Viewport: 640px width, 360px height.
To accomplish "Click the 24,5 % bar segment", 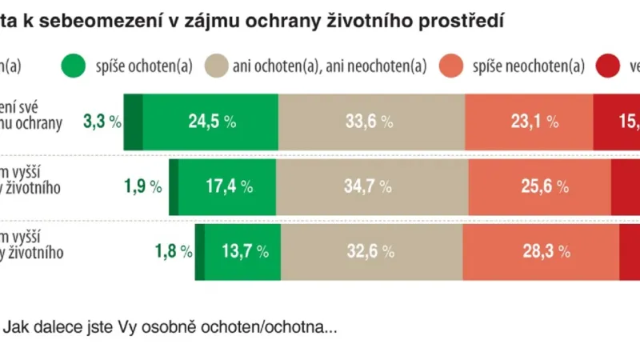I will (210, 122).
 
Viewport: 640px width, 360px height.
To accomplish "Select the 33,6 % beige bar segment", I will (371, 122).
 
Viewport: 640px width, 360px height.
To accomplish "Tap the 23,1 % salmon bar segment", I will (529, 122).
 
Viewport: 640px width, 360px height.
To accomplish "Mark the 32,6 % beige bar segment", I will (370, 251).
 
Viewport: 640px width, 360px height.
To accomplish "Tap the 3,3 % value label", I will (102, 122).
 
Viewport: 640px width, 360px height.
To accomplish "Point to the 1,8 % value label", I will (173, 251).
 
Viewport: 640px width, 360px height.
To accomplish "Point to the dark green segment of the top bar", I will (134, 122).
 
